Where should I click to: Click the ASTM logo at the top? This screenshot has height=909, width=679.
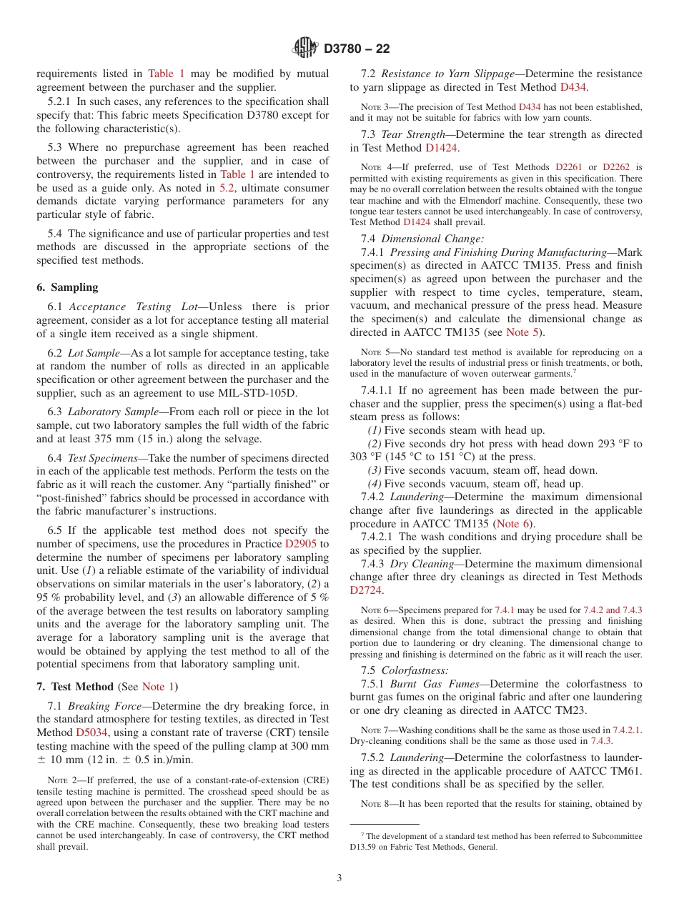306,49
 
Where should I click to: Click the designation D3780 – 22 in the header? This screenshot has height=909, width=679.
357,49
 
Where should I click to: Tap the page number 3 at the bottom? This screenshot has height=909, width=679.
339,878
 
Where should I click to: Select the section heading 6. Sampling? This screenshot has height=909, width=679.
67,287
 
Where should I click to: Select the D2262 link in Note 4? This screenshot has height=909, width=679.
616,167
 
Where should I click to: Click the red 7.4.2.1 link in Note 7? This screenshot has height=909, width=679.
628,730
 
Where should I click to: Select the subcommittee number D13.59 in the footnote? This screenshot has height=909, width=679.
375,848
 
